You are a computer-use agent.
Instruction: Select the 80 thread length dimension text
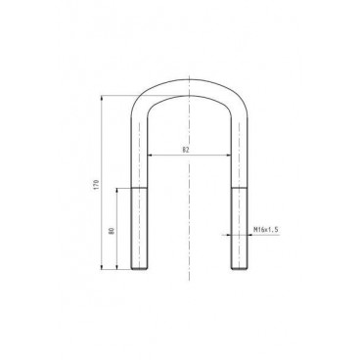[x=112, y=231]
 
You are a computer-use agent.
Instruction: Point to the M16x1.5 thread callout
[x=266, y=229]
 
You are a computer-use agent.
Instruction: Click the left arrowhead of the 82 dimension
[x=149, y=156]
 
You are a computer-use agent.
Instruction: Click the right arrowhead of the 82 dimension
[x=230, y=156]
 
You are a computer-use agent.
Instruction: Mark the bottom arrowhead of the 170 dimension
[x=103, y=267]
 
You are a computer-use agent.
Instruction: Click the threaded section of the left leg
[x=140, y=229]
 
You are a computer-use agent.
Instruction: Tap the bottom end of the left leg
[x=140, y=269]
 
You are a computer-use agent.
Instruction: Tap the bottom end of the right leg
[x=236, y=269]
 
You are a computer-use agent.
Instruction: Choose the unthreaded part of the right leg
[x=236, y=147]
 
